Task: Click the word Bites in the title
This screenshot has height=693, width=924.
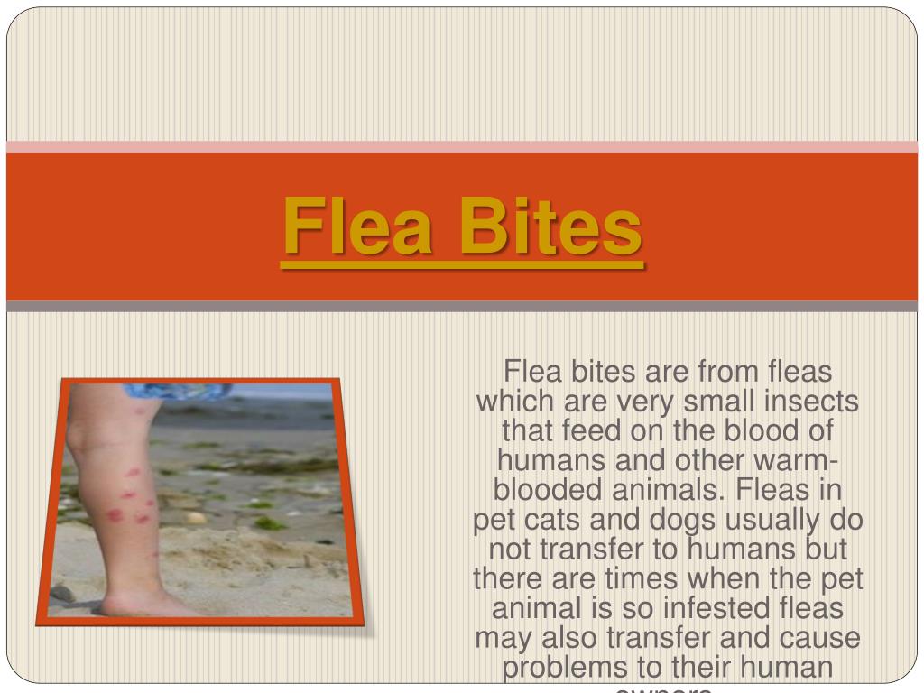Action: pyautogui.click(x=550, y=228)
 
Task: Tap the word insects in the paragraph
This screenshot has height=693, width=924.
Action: pyautogui.click(x=808, y=401)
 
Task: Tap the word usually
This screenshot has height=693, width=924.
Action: pyautogui.click(x=793, y=521)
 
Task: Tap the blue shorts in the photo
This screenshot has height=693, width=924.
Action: pyautogui.click(x=176, y=392)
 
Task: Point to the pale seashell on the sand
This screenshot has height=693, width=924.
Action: pyautogui.click(x=195, y=518)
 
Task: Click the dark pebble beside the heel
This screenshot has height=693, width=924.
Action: pyautogui.click(x=62, y=593)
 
